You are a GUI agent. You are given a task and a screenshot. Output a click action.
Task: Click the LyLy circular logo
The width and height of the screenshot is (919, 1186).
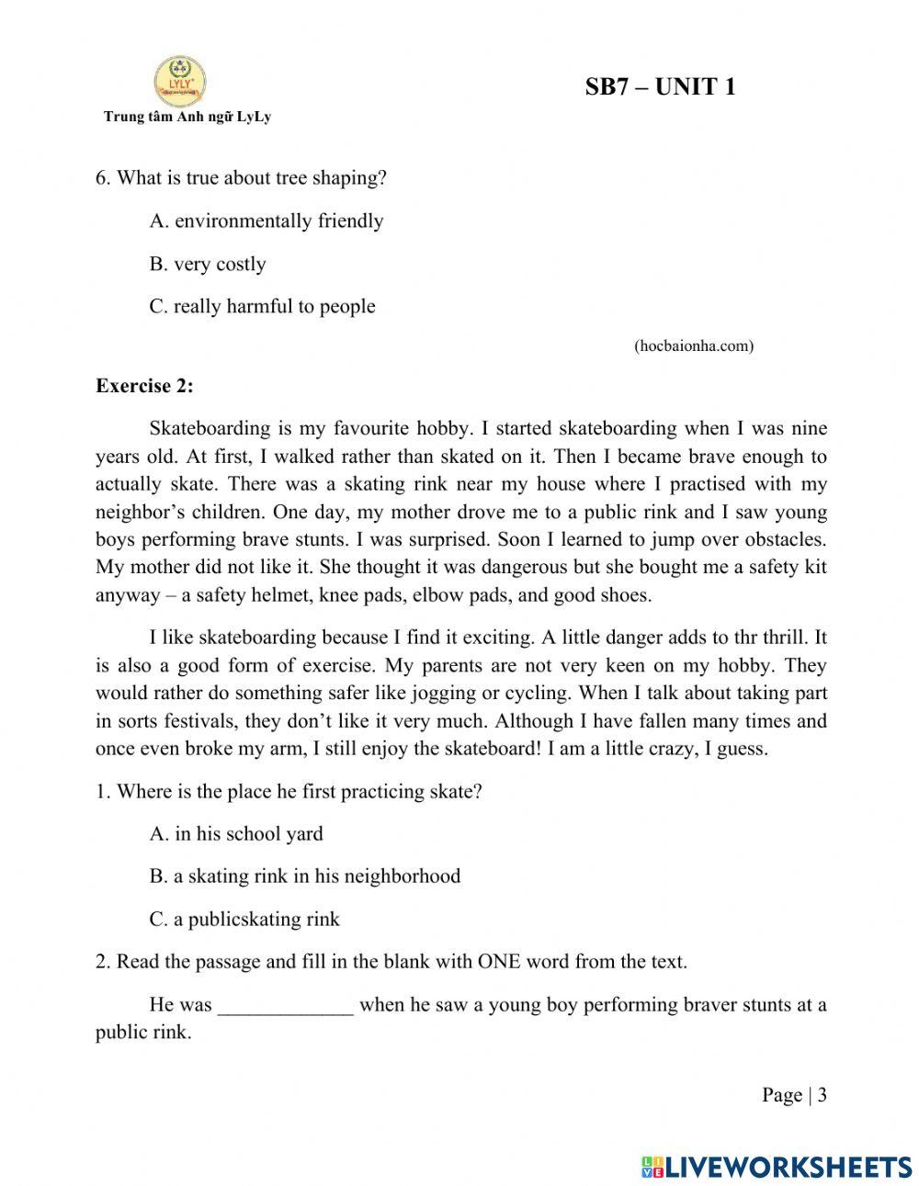click(x=180, y=81)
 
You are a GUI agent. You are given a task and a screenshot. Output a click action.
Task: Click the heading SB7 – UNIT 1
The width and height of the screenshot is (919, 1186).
click(x=660, y=88)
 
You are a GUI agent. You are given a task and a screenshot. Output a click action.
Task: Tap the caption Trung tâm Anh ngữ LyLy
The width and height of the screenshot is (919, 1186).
click(x=187, y=117)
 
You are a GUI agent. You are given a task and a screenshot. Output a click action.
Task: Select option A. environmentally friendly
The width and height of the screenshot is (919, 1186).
click(x=267, y=220)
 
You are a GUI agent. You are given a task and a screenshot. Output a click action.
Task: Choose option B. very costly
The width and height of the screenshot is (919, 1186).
click(x=208, y=264)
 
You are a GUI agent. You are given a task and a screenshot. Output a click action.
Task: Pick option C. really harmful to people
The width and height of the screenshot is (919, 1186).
click(x=262, y=306)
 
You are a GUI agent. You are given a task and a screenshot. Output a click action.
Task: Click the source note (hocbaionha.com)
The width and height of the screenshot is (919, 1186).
click(x=694, y=345)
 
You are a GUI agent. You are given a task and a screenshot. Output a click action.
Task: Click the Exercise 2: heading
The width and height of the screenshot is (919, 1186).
click(x=144, y=386)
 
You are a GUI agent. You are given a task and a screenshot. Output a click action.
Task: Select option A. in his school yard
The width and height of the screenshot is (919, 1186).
click(x=236, y=833)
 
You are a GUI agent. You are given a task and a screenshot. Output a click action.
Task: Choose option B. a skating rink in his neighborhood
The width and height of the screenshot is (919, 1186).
click(x=304, y=875)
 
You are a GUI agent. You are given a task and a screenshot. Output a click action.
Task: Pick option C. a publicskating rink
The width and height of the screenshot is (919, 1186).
click(x=244, y=919)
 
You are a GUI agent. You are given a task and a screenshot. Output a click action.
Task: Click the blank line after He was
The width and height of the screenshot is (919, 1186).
click(x=285, y=1005)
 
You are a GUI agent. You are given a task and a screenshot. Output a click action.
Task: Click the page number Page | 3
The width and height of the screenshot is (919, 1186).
click(x=794, y=1094)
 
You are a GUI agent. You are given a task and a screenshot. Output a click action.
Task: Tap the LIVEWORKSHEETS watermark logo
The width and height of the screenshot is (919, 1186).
click(x=777, y=1166)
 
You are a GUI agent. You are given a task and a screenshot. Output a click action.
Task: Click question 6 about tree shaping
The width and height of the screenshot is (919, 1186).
click(x=241, y=177)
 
